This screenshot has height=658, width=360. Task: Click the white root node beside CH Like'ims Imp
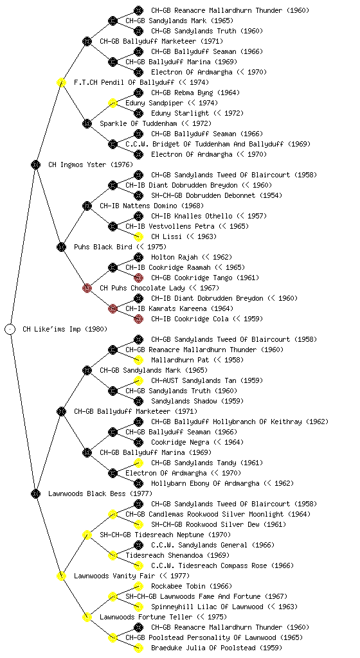pos(10,329)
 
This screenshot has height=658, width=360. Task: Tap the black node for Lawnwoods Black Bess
pos(35,493)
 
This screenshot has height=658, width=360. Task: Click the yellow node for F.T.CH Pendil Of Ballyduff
pos(61,82)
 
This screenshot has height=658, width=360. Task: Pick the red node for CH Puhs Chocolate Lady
pos(87,288)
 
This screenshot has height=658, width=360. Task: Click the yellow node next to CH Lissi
pos(138,236)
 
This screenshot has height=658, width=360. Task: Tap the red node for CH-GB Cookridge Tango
pos(138,278)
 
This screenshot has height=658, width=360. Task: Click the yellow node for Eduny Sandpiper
pos(113,103)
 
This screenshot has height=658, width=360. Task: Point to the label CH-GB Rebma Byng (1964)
pos(195,93)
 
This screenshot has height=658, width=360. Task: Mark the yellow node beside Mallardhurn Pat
pos(138,360)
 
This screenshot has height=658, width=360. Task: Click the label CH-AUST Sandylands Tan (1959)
pos(207,380)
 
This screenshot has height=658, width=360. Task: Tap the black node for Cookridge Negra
pos(138,442)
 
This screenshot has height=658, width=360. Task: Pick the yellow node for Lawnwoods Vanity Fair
pos(61,576)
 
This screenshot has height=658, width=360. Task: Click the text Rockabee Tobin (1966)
pos(192,586)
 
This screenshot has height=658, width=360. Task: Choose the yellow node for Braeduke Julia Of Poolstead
pos(138,648)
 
